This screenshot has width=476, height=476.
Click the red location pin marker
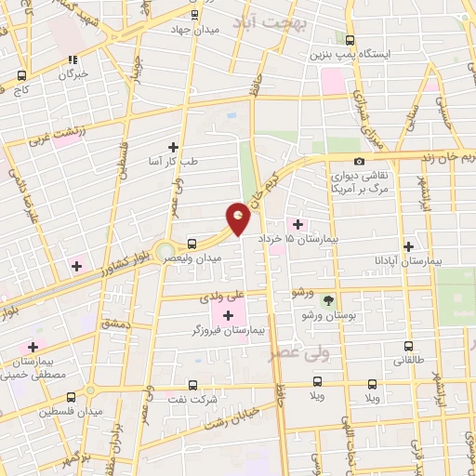[240, 219]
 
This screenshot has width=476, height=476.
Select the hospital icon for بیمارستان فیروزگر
[228, 316]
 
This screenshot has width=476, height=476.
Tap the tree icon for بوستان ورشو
[326, 300]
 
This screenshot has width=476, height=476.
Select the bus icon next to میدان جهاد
[194, 15]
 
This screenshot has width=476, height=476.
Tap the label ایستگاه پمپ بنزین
[364, 55]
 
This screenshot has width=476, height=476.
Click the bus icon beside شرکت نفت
[192, 383]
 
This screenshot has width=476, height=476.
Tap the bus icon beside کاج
[20, 76]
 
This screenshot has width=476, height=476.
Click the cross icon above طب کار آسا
[173, 146]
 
